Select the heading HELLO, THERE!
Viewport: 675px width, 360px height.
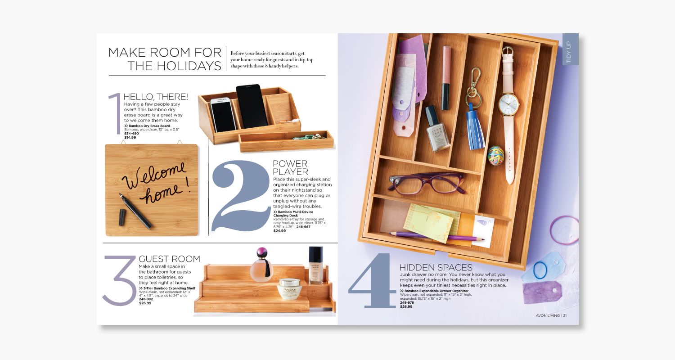pyautogui.click(x=156, y=97)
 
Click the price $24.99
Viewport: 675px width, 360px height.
pyautogui.click(x=279, y=231)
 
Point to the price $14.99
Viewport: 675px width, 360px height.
pyautogui.click(x=130, y=137)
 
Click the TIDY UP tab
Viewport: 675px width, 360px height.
pyautogui.click(x=570, y=49)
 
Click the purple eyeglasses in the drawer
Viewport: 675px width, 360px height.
pyautogui.click(x=427, y=184)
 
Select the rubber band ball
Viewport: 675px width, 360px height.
pyautogui.click(x=495, y=155)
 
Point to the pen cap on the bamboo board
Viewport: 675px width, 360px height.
pyautogui.click(x=122, y=217)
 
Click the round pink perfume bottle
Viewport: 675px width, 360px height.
pyautogui.click(x=261, y=265)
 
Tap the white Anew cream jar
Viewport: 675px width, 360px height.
pyautogui.click(x=289, y=288)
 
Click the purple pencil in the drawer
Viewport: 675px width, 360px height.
pyautogui.click(x=437, y=236)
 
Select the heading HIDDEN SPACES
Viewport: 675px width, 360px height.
pyautogui.click(x=436, y=267)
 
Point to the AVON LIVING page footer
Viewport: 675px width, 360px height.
pyautogui.click(x=551, y=315)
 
